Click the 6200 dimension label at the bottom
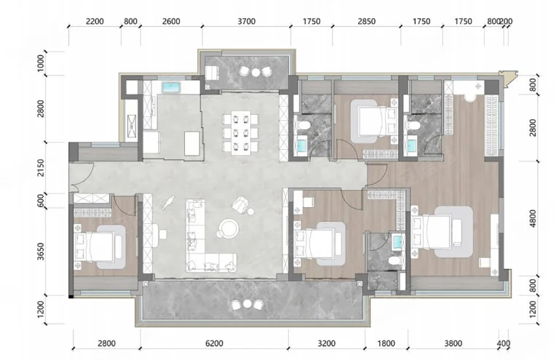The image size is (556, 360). [x=215, y=343]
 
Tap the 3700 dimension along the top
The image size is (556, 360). [x=247, y=21]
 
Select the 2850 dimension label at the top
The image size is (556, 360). [x=366, y=21]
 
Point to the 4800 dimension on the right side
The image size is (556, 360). [x=533, y=218]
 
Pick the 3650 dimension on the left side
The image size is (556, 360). [x=41, y=251]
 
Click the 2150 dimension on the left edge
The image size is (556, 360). [x=41, y=168]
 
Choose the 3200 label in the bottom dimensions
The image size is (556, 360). [x=326, y=343]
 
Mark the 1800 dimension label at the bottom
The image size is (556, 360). [x=386, y=343]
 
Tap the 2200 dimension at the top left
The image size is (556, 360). [x=95, y=21]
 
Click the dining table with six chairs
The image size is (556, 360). [x=241, y=132]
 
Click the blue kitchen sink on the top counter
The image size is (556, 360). [x=171, y=87]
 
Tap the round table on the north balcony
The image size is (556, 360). [x=256, y=72]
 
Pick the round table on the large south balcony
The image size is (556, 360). [x=247, y=304]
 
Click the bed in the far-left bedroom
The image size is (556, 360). [x=98, y=247]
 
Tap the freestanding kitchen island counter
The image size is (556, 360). [x=192, y=143]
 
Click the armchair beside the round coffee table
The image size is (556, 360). [x=240, y=205]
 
